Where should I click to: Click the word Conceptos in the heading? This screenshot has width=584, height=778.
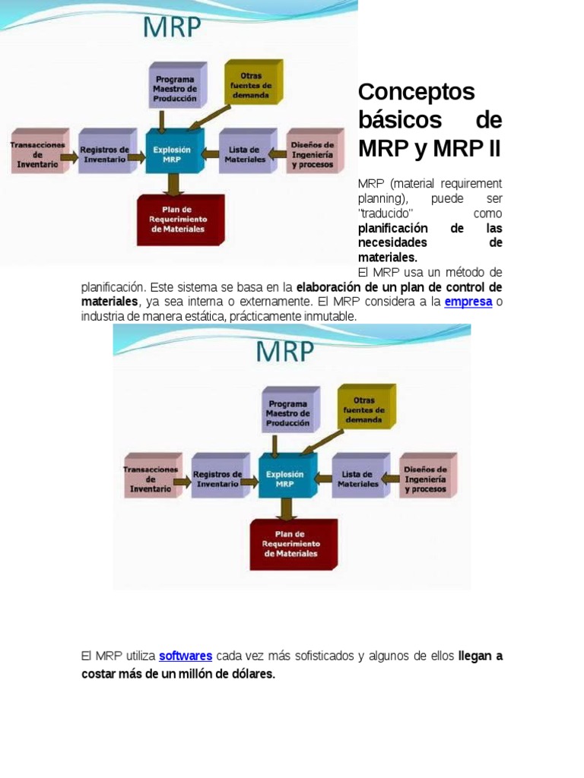click(416, 92)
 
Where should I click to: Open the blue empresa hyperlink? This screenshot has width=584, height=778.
click(468, 302)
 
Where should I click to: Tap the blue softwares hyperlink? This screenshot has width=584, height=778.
click(185, 656)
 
